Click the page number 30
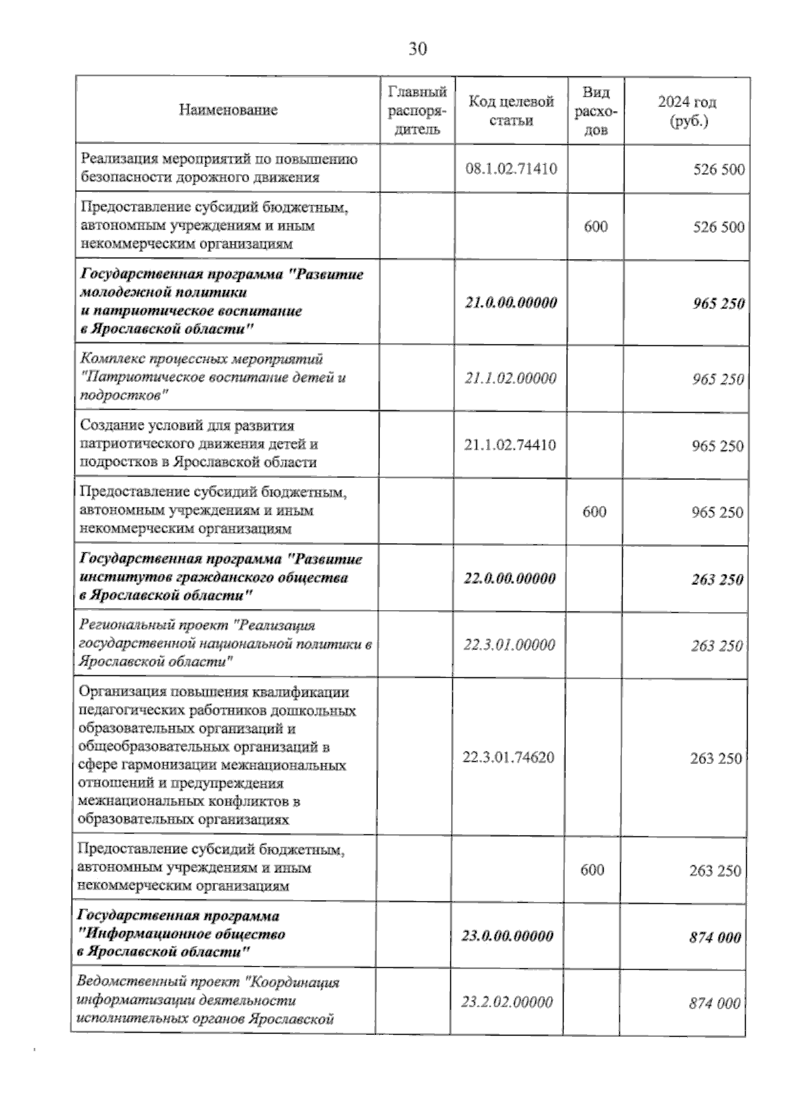coord(418,49)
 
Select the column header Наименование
coord(227,110)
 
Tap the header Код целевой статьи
coord(511,110)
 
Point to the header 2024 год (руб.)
coord(687,111)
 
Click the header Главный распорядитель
coord(418,110)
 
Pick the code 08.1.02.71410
coord(511,169)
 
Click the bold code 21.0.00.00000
coord(511,302)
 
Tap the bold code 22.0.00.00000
coord(509,579)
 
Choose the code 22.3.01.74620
coord(508,757)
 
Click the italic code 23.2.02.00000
coord(507,1002)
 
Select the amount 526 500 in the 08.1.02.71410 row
coord(719,170)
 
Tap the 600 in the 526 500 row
coord(596,227)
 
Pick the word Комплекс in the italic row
coord(106,360)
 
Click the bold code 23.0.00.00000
coord(507,936)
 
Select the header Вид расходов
coord(596,110)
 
